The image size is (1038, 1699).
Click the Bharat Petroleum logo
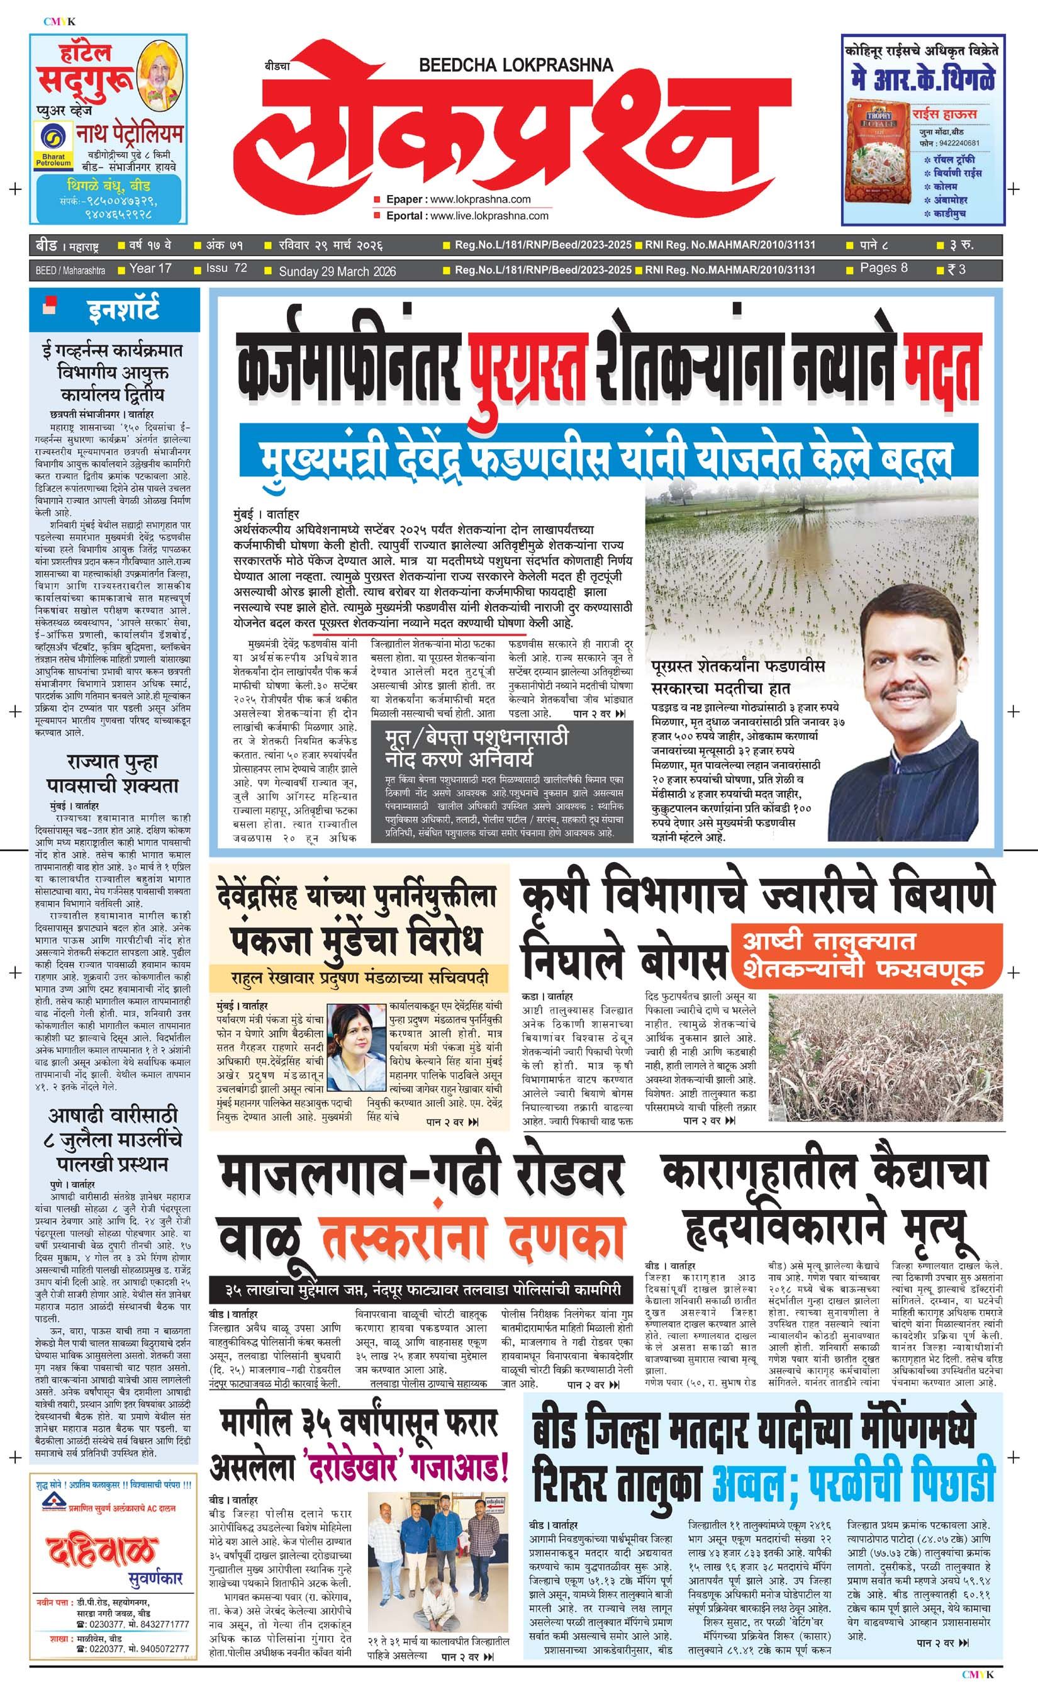pos(52,146)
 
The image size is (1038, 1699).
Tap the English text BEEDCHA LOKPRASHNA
pos(516,65)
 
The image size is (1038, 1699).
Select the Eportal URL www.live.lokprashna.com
pos(489,216)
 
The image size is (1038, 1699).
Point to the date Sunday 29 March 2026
pos(337,271)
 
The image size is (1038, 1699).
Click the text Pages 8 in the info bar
pos(884,268)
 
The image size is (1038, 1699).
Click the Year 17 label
pos(150,268)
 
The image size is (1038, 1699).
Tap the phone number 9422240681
pos(954,143)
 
